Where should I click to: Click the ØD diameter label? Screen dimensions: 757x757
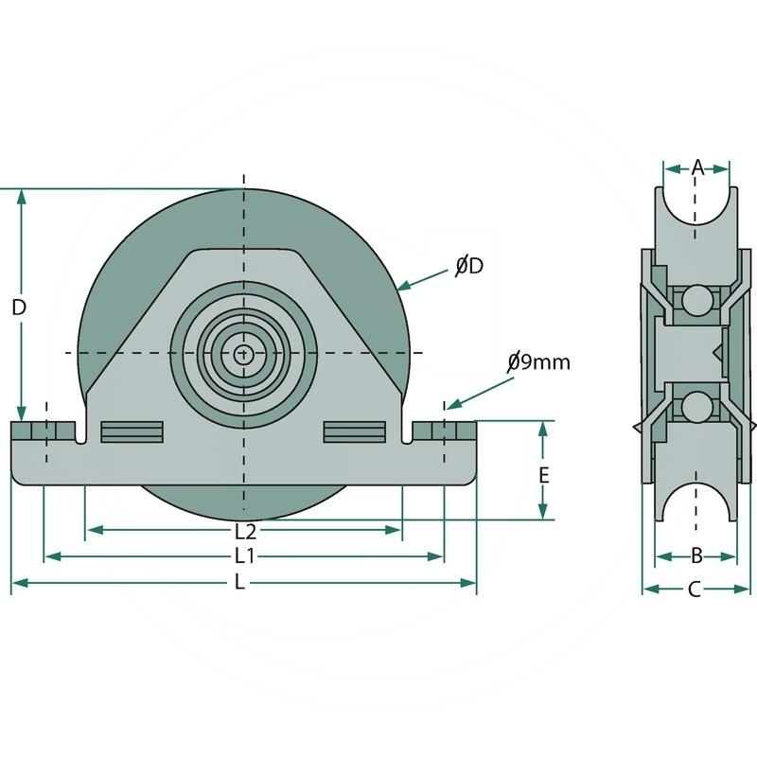pos(468,267)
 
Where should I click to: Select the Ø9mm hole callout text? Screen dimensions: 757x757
pos(538,361)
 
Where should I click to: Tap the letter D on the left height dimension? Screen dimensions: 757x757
pos(19,308)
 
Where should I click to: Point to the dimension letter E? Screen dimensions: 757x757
pos(544,475)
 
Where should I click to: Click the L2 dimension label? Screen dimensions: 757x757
pos(245,531)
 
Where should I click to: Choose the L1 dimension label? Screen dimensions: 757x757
pos(245,555)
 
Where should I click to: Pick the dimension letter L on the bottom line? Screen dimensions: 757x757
pos(239,583)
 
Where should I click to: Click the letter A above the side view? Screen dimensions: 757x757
pos(697,167)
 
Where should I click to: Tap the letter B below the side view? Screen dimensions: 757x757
pos(695,555)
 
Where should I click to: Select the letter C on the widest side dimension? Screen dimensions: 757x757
pos(695,590)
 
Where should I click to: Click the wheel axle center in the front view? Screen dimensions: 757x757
pos(244,353)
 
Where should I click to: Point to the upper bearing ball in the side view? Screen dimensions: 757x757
pos(697,300)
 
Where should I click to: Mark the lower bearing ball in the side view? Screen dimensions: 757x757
pos(697,408)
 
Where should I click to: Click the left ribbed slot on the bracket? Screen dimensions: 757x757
pos(132,431)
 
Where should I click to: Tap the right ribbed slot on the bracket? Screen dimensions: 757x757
pos(355,431)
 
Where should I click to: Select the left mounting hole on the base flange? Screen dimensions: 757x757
pos(44,431)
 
